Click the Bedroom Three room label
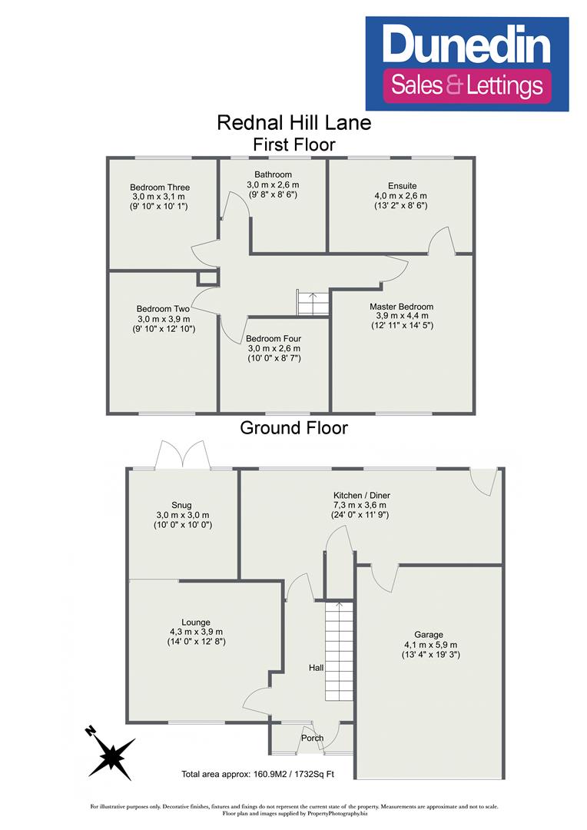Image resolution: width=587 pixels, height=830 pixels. coord(160,188)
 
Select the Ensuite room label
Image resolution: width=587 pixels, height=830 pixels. coord(402,186)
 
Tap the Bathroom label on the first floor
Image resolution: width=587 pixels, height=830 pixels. coord(273,175)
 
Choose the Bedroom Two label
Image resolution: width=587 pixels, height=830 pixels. coord(163,309)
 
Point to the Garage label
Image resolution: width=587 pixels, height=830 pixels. coord(429,635)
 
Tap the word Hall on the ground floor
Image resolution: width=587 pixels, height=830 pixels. coord(316,669)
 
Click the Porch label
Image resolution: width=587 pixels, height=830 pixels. coord(312,738)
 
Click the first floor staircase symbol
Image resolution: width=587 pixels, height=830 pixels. coord(312,304)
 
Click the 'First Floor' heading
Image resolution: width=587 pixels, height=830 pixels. coord(294,144)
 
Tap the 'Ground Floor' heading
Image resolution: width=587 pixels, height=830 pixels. coord(294,428)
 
